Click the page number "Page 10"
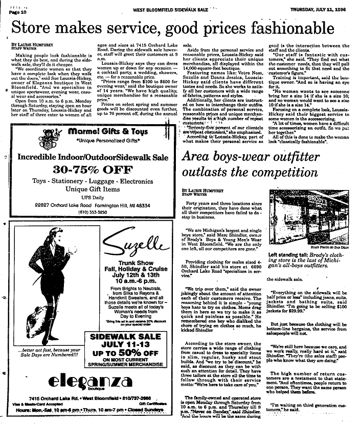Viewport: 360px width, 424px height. click(18, 12)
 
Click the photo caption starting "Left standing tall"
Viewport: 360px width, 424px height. click(311, 262)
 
